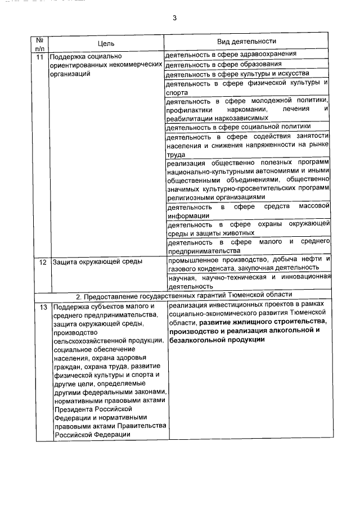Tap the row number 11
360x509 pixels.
point(39,57)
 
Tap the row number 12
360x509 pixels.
point(39,262)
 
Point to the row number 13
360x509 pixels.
point(39,307)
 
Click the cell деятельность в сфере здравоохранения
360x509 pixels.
point(231,55)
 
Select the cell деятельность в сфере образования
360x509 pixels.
point(223,64)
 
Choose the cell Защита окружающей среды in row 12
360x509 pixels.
point(96,262)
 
